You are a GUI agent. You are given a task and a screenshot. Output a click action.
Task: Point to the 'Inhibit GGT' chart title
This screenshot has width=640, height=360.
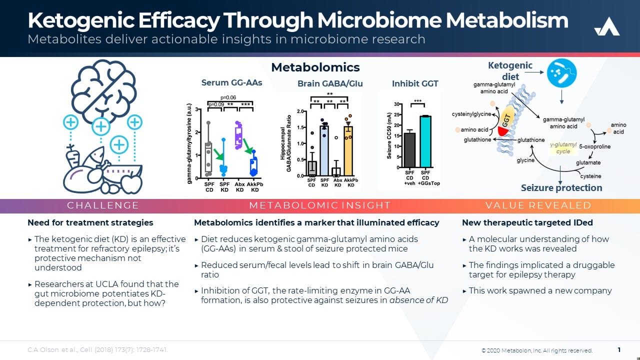point(415,83)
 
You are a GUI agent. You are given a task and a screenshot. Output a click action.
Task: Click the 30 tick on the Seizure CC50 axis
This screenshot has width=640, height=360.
point(398,104)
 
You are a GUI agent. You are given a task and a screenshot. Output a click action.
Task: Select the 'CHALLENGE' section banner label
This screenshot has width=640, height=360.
point(103,205)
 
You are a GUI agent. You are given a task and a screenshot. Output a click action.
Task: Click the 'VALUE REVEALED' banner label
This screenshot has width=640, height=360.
point(538,205)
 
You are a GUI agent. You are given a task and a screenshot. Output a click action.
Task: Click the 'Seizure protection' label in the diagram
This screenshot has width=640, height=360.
point(561,188)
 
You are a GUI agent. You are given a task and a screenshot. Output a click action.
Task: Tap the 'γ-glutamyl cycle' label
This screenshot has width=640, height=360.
point(563,148)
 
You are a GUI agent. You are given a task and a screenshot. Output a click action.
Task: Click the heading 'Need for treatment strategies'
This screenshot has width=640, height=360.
point(90,222)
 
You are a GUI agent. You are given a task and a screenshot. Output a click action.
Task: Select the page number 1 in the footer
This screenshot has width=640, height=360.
point(619,350)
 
